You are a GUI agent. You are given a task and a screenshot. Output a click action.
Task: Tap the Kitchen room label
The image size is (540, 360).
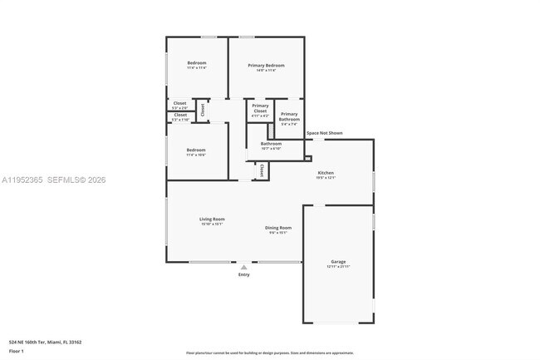[325, 173]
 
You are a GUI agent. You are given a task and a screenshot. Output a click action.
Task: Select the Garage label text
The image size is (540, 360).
[338, 262]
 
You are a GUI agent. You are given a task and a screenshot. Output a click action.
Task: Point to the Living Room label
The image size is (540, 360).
[212, 219]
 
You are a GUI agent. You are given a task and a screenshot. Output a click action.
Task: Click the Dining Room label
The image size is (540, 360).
[277, 228]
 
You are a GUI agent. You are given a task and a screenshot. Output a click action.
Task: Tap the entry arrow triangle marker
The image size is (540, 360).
[243, 268]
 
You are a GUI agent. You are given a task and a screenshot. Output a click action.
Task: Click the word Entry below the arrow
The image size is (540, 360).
[243, 275]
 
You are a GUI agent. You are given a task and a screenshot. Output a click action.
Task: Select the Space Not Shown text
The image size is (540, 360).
[324, 133]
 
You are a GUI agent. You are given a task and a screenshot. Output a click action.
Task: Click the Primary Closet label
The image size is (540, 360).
[260, 108]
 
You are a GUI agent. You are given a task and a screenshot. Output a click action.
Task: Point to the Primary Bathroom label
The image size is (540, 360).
[289, 116]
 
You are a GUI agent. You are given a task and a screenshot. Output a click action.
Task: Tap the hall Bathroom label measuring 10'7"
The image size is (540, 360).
[271, 144]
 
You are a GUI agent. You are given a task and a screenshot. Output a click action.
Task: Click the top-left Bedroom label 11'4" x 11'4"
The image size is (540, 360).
[196, 63]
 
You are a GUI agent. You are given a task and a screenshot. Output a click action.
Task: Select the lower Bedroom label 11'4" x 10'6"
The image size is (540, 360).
[196, 150]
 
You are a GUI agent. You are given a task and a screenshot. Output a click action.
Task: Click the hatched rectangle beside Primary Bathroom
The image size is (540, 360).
[270, 131]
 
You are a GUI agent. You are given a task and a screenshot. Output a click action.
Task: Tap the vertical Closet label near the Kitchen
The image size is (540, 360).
[263, 170]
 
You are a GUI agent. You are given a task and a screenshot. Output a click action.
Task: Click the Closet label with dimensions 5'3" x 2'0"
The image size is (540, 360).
[180, 104]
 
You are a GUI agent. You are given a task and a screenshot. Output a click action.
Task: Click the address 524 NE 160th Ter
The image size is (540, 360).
[45, 341]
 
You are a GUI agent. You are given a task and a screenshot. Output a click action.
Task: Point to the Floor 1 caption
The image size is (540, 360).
[17, 352]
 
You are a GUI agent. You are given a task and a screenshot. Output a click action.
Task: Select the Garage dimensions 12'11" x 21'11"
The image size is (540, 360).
[338, 267]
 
